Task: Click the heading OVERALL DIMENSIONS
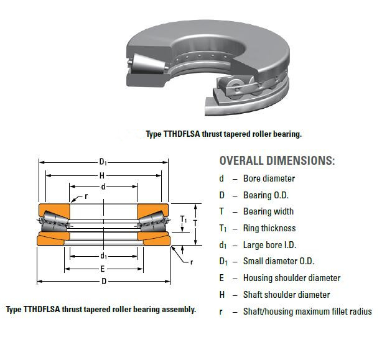pos(277,160)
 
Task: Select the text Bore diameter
pos(269,178)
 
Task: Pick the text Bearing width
pos(268,211)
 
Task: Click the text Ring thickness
pos(269,228)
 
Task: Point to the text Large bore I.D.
pos(270,245)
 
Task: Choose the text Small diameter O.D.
pos(278,261)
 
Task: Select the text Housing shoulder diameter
pos(292,278)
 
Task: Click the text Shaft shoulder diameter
pos(286,295)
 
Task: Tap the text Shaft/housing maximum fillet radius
pos(307,312)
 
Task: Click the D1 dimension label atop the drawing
pos(103,162)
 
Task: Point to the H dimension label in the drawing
pos(102,175)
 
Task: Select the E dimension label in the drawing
pos(103,269)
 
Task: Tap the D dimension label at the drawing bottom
pos(103,282)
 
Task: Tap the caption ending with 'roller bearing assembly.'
pos(101,309)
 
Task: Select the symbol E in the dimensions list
pos(221,278)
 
